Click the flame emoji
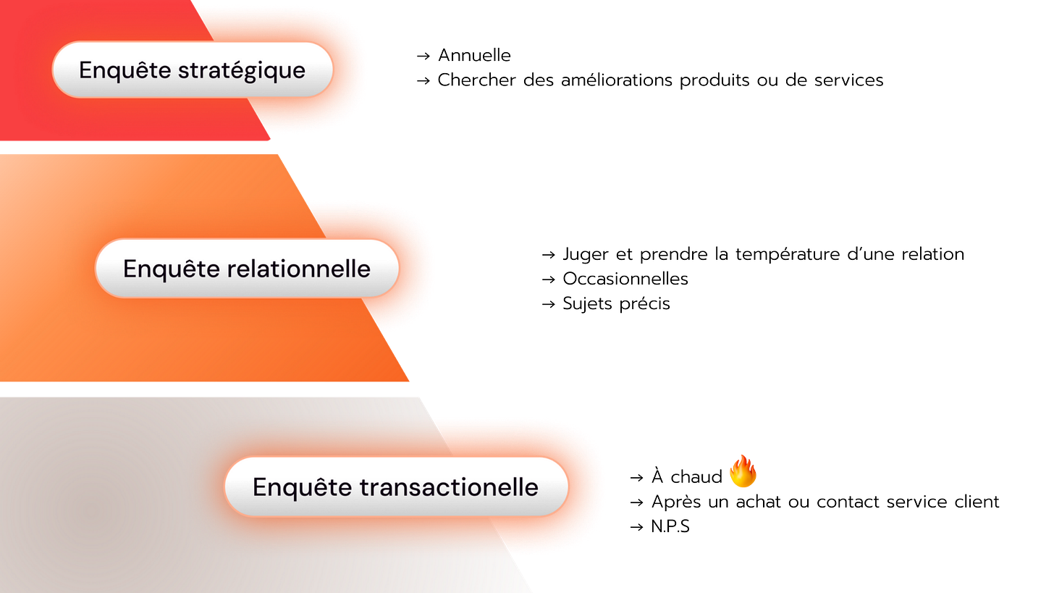coord(743,471)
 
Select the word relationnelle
coord(298,269)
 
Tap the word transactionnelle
coord(448,487)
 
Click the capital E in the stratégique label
coord(85,70)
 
